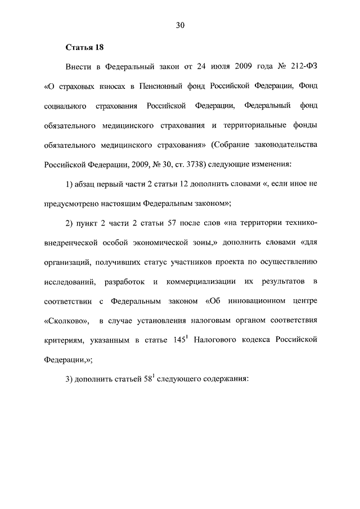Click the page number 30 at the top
click(180, 25)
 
